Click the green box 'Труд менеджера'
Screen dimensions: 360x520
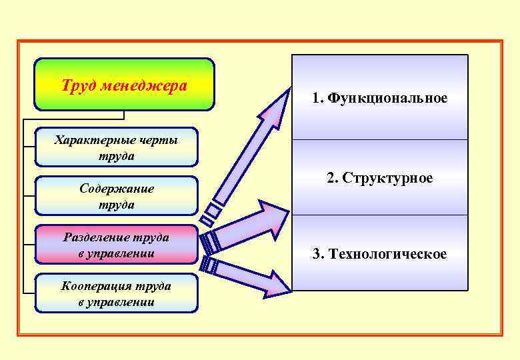click(124, 85)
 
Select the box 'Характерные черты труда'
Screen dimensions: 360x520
click(116, 147)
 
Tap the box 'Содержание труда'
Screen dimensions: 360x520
click(116, 196)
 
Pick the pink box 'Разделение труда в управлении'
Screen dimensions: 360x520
click(116, 245)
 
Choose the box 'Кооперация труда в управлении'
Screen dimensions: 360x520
click(116, 293)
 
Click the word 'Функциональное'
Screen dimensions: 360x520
click(387, 99)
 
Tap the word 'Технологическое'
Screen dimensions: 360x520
click(390, 254)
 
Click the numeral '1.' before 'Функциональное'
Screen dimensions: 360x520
click(317, 99)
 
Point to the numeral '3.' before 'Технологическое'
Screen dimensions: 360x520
click(319, 254)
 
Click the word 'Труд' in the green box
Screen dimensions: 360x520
click(74, 86)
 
